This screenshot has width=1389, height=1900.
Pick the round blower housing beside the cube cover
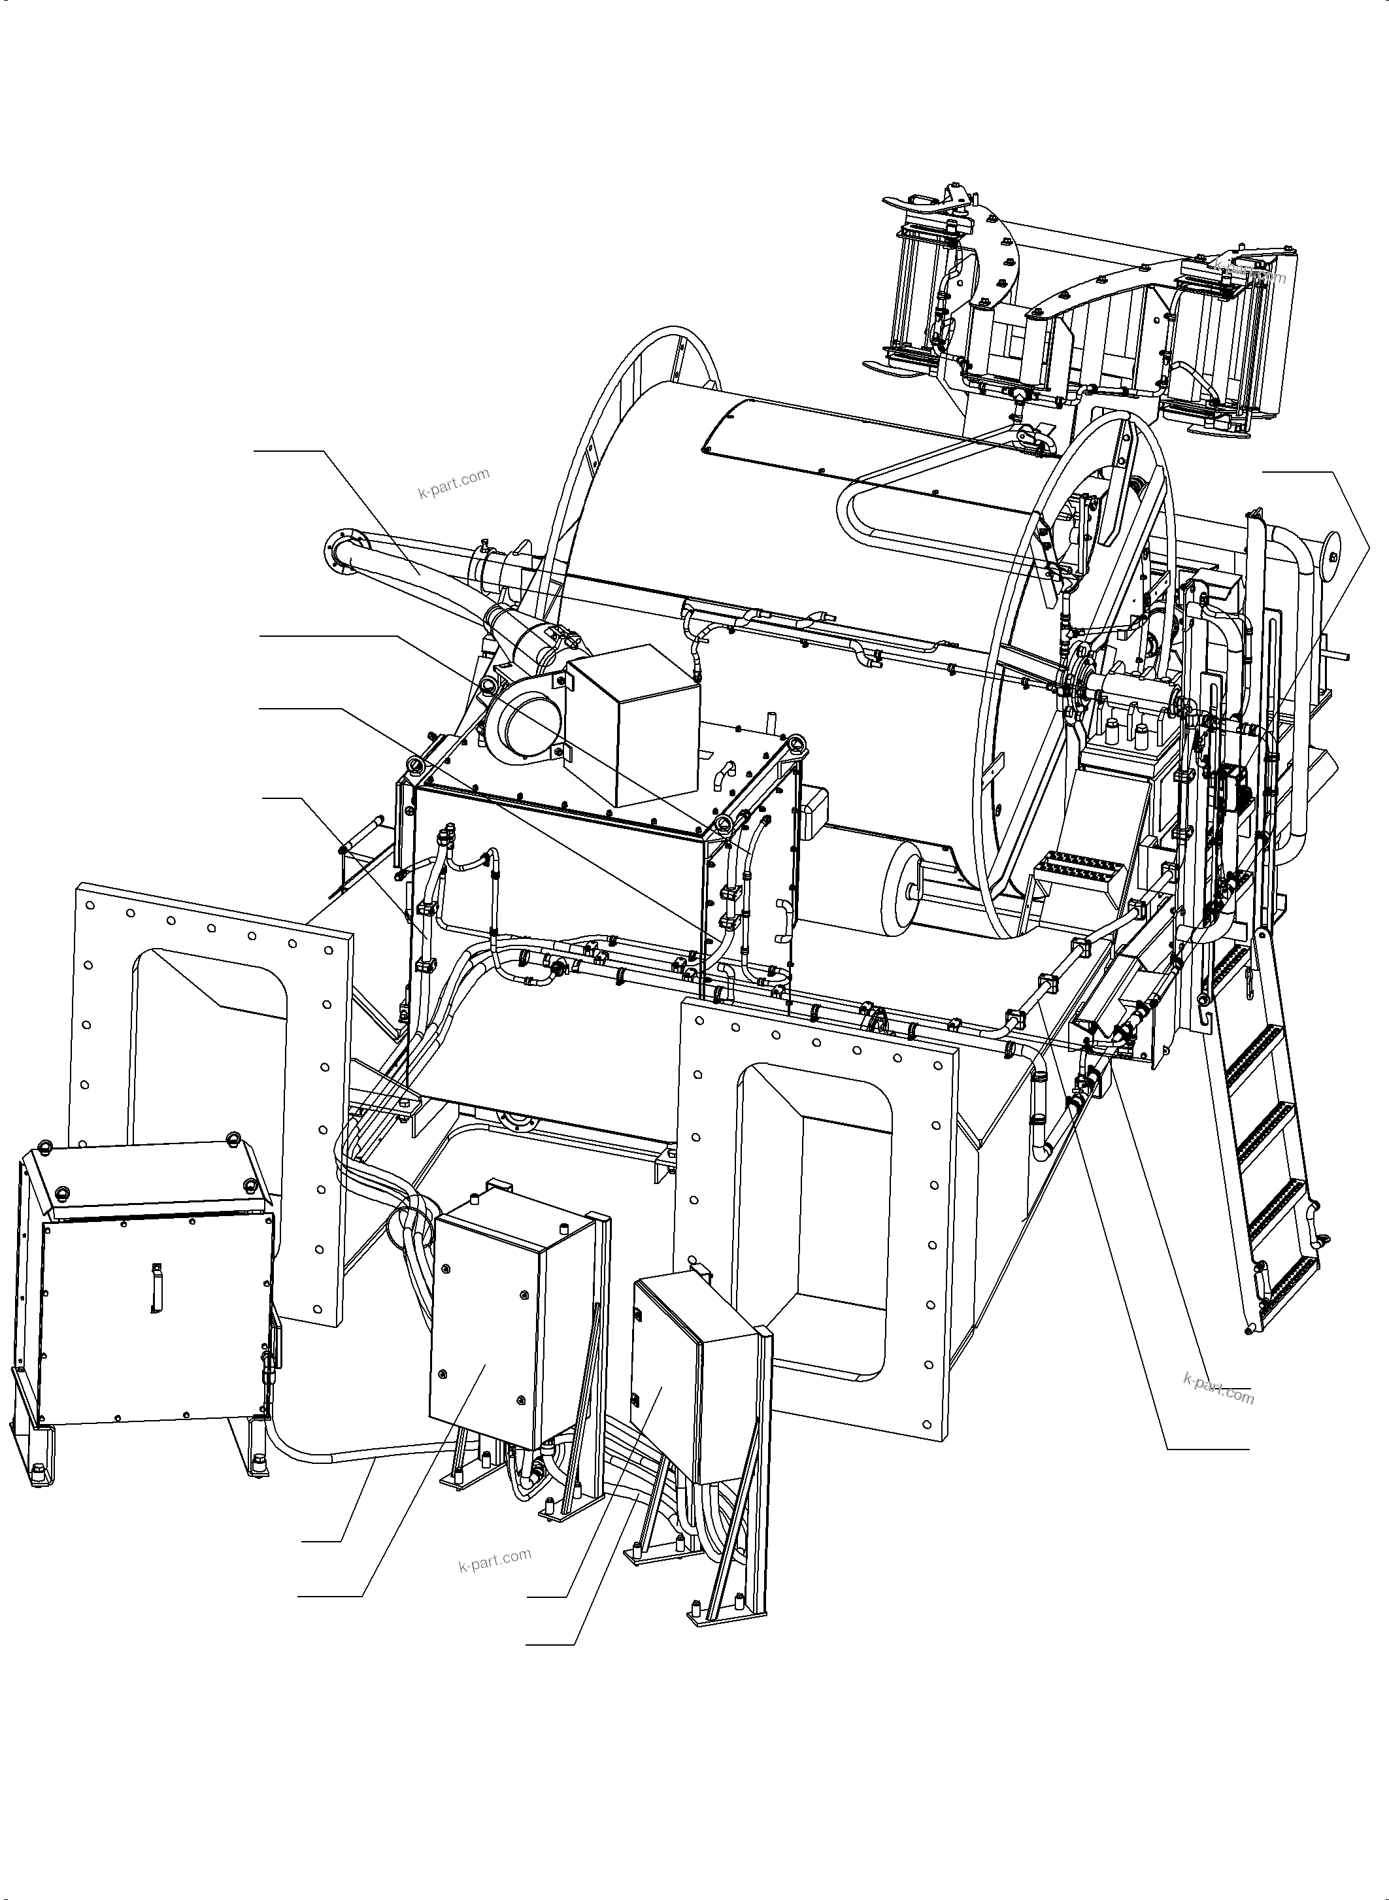click(522, 730)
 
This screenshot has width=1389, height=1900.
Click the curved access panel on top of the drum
click(875, 458)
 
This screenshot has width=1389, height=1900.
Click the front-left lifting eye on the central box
click(414, 764)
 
